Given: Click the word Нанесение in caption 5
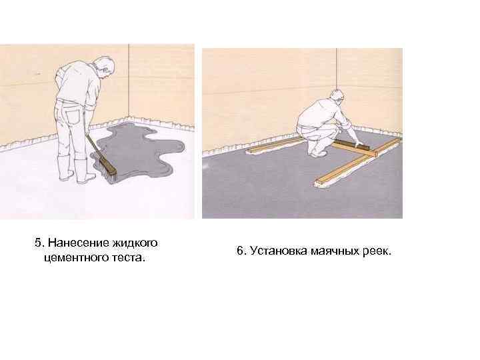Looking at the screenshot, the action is pos(79,243).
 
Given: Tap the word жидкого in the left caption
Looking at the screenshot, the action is pos(135,243).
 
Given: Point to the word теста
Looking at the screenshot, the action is pos(127,258).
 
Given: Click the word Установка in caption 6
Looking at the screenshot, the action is pos(279,251).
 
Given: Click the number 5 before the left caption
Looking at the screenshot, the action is pos(38,243).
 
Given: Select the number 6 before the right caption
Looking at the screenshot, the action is pos(241,251).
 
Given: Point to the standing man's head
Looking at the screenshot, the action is pos(105,67).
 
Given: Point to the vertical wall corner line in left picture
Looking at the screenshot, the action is pos(129,82).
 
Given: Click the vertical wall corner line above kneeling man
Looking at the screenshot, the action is pos(337,69).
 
